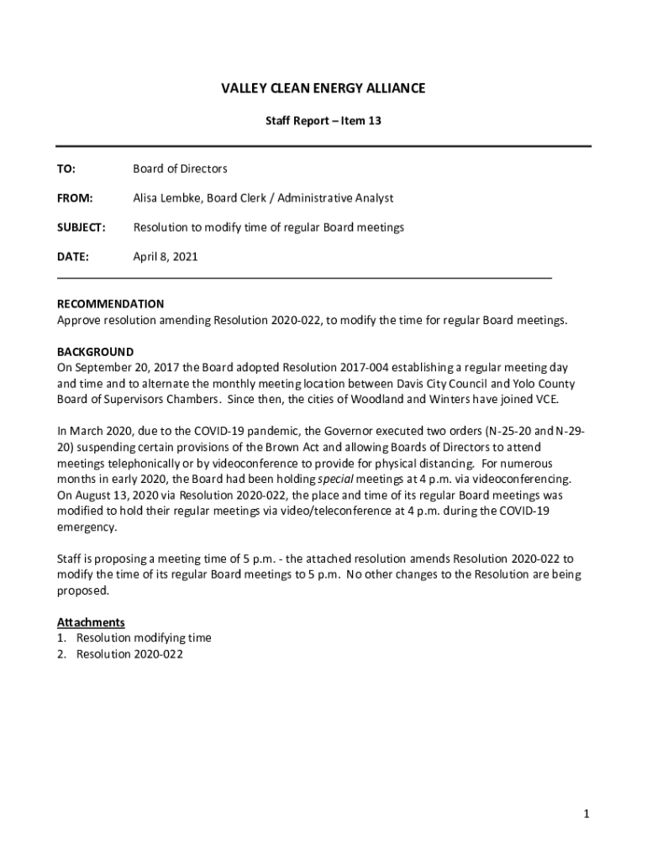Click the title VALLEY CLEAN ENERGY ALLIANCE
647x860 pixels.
[x=323, y=88]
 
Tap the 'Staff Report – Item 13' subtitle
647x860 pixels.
[x=323, y=122]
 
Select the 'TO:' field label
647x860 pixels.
[x=66, y=169]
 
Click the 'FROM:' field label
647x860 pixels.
[x=74, y=198]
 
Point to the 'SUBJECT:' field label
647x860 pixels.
[x=81, y=228]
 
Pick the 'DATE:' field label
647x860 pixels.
[x=72, y=257]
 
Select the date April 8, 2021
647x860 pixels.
[x=165, y=257]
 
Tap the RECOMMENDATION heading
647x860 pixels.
[x=110, y=304]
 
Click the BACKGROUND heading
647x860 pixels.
[x=95, y=352]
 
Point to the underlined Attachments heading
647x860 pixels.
[x=91, y=622]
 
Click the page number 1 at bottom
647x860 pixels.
[x=587, y=814]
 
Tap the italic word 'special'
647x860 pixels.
[x=315, y=480]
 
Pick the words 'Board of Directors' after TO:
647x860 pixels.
[x=180, y=169]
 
